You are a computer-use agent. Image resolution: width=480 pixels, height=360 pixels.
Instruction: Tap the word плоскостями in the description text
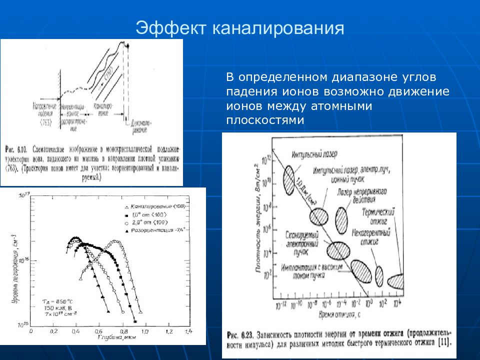click(265, 120)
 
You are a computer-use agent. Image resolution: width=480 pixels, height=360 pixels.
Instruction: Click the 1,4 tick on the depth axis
click(188, 332)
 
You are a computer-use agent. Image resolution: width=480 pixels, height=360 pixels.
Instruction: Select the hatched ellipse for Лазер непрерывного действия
click(341, 217)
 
